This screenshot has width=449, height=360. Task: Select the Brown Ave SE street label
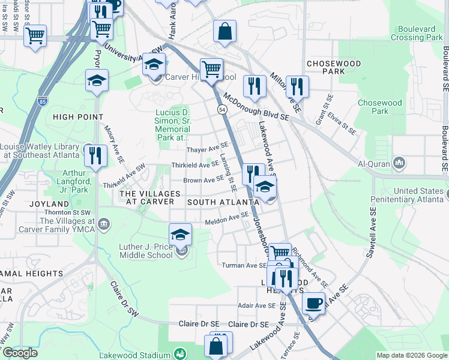(x=204, y=180)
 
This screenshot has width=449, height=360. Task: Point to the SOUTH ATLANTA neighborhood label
(x=223, y=203)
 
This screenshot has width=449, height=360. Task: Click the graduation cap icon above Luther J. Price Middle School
(x=180, y=235)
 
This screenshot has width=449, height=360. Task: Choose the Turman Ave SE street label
(x=244, y=265)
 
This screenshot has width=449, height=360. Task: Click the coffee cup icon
(x=313, y=303)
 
